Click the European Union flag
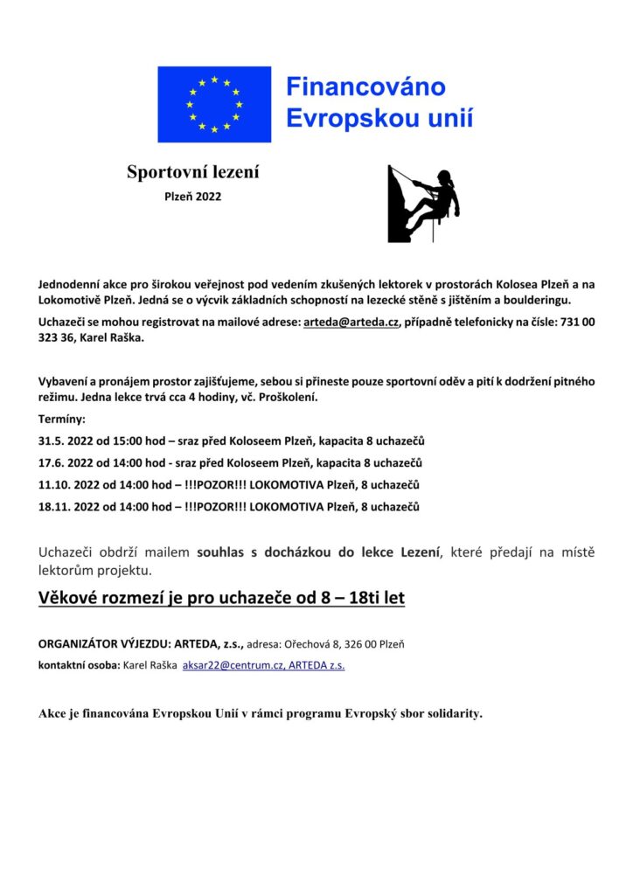click(x=214, y=104)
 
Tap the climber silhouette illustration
click(x=423, y=203)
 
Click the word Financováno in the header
click(x=366, y=87)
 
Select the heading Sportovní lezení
click(x=192, y=172)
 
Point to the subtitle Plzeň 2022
click(x=193, y=197)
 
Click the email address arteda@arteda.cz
click(x=351, y=323)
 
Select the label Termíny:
click(x=62, y=419)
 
